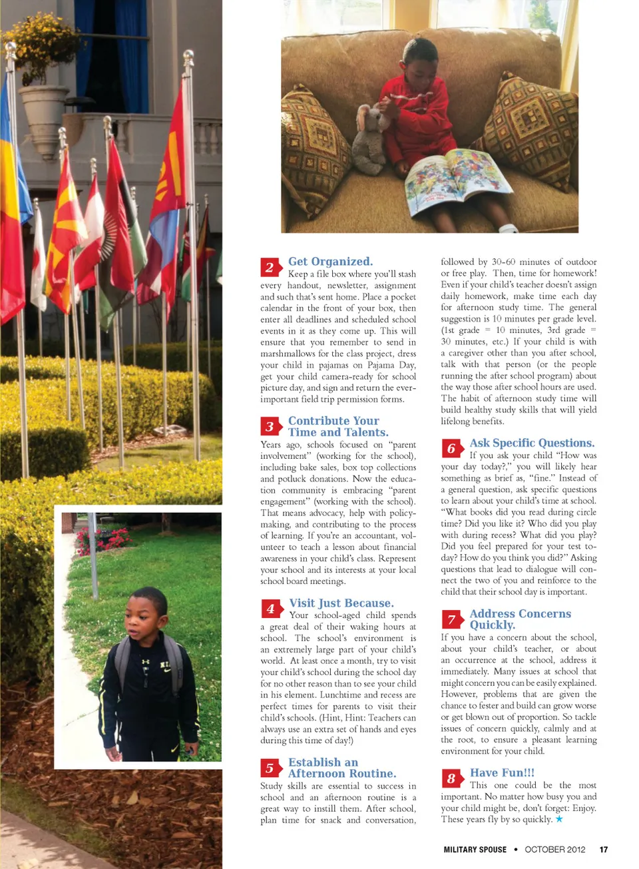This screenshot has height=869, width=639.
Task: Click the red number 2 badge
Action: pos(270,267)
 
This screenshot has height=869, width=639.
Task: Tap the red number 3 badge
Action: pos(270,426)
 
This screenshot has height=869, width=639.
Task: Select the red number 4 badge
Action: pos(270,608)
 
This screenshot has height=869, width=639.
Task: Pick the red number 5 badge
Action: pos(270,768)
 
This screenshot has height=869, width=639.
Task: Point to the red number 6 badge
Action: pos(451,448)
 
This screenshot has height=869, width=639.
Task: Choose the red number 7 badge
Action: pos(451,619)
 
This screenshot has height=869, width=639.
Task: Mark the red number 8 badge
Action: pos(451,778)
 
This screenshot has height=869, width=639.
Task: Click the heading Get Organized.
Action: pos(330,262)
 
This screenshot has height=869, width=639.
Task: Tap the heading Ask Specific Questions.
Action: pos(532,443)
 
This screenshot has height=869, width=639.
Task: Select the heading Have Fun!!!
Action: pos(502,772)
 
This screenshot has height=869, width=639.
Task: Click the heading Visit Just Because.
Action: pos(341,603)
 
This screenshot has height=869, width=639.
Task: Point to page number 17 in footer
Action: pos(603,849)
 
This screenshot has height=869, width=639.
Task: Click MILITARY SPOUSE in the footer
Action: pos(475,849)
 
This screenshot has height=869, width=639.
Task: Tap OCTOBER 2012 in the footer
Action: pos(554,849)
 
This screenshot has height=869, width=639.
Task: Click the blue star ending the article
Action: pos(559,819)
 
